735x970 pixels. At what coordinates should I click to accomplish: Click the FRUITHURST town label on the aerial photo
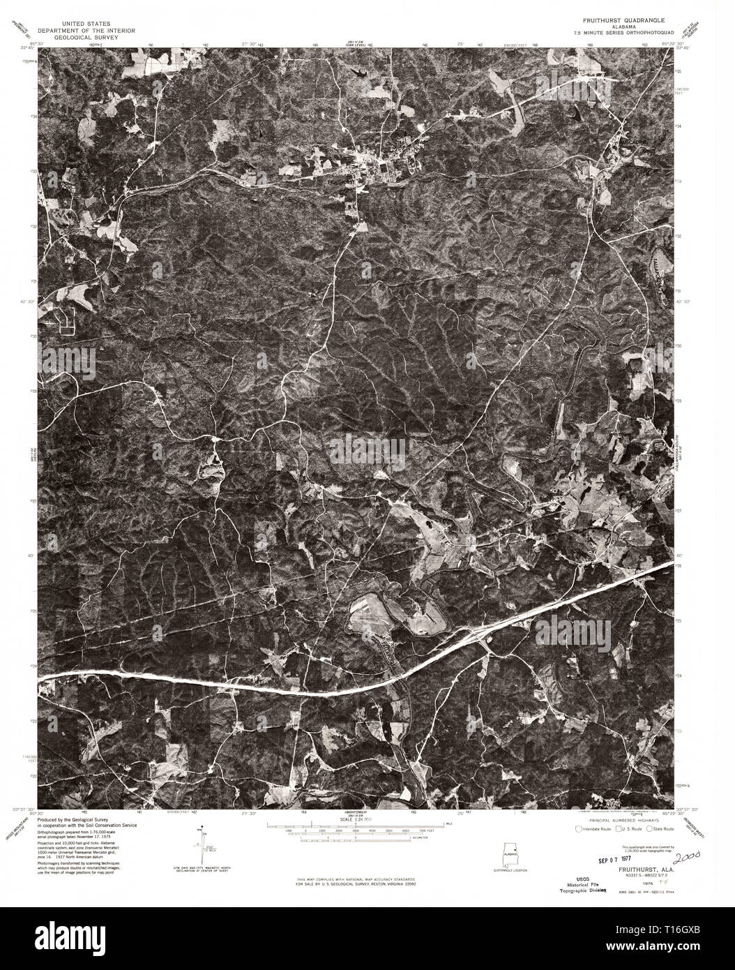coord(342,181)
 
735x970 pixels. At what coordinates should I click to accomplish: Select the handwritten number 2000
coord(687,855)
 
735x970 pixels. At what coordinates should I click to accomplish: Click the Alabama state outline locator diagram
coord(513,853)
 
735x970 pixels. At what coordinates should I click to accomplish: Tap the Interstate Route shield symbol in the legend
coord(577,829)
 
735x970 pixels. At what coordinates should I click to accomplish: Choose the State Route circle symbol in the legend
coord(650,829)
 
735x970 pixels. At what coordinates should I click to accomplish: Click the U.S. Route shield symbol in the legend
coord(614,829)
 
